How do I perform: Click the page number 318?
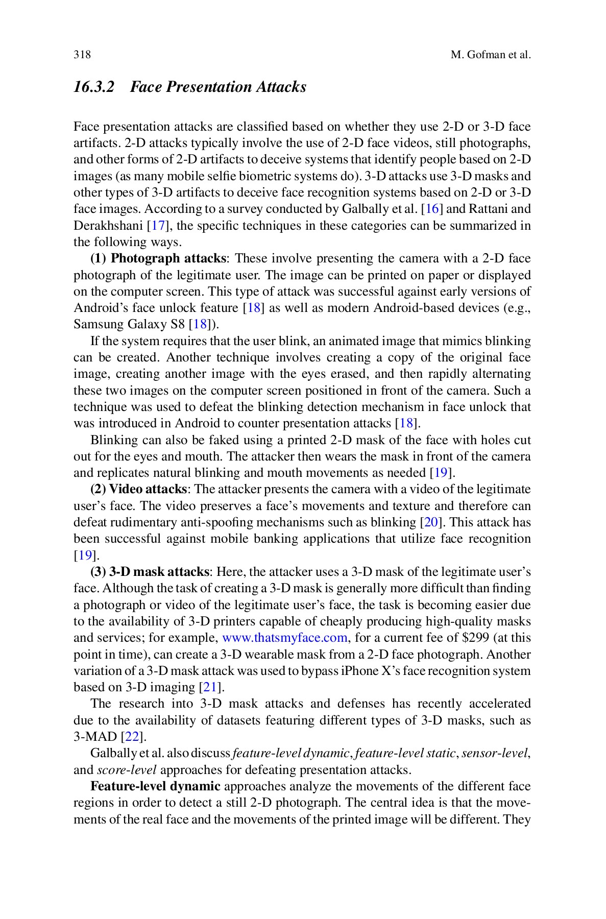pos(82,55)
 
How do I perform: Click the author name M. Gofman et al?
pos(491,55)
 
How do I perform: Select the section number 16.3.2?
pos(94,87)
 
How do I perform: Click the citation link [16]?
pos(432,209)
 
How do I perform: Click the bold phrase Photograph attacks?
pos(168,258)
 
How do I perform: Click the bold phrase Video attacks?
pos(148,489)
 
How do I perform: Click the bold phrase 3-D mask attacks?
pos(159,572)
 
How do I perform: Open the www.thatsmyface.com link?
pos(284,638)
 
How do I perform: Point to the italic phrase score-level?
pos(126,770)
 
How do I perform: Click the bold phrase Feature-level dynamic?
pos(155,786)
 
